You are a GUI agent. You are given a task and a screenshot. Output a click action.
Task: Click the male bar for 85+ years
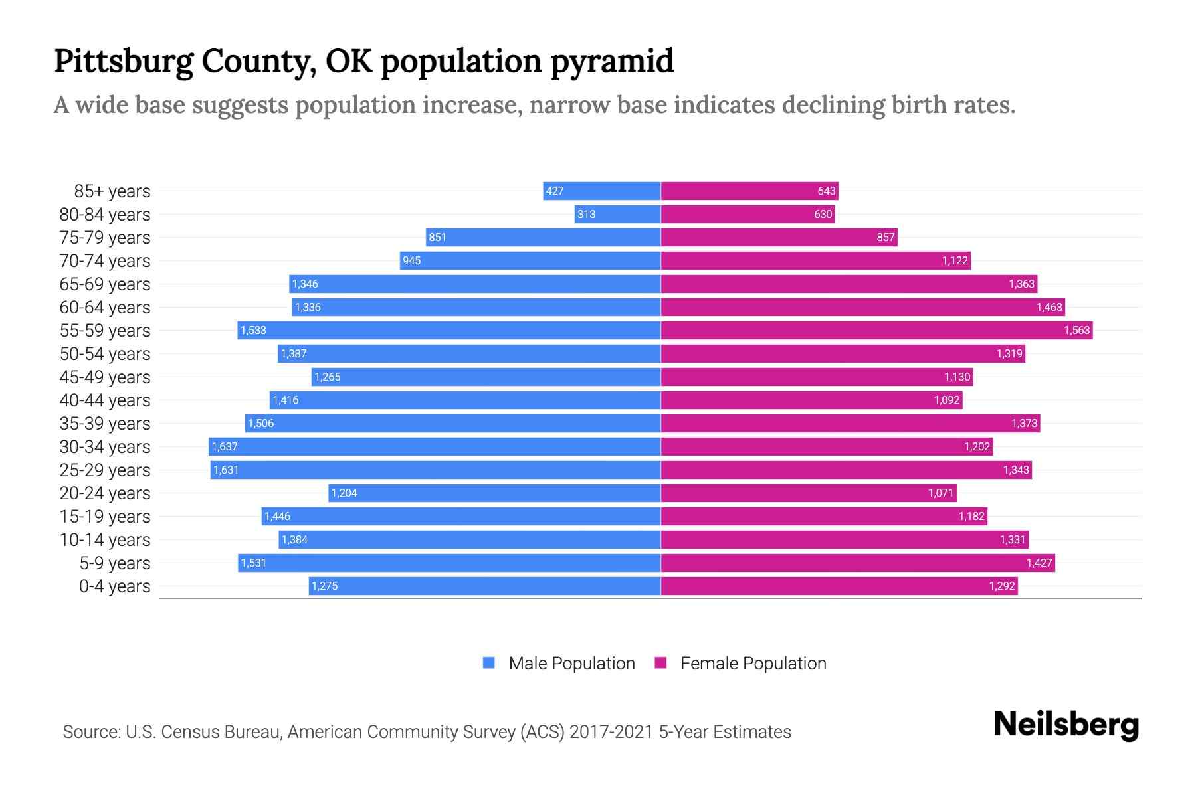tap(601, 191)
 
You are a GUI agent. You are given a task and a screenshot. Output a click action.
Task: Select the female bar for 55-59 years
tap(876, 331)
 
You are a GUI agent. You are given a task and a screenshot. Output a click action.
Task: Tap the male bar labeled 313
tap(617, 215)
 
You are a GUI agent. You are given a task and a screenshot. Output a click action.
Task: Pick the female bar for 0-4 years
tap(839, 586)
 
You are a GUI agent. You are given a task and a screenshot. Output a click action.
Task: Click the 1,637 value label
tap(225, 447)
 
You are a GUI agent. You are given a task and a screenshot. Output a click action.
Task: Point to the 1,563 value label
tap(1076, 331)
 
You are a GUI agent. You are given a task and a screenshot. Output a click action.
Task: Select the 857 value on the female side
tap(885, 238)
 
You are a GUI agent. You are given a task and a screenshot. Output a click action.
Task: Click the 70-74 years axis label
tap(105, 261)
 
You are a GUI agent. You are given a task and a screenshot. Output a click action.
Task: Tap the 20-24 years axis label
tap(105, 493)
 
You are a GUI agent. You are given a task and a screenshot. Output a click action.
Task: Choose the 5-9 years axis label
tap(114, 563)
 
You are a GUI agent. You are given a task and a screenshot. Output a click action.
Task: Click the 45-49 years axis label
tap(105, 377)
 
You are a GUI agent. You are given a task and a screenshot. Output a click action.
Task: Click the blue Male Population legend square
tap(489, 663)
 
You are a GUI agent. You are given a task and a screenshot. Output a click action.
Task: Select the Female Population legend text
tap(753, 664)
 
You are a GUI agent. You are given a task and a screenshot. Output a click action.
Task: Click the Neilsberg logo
tap(1066, 725)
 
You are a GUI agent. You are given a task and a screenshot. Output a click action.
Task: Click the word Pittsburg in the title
tap(124, 61)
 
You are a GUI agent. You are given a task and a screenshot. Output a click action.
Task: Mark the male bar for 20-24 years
tap(494, 493)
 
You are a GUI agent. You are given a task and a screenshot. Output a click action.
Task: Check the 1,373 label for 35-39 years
tap(1024, 424)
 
